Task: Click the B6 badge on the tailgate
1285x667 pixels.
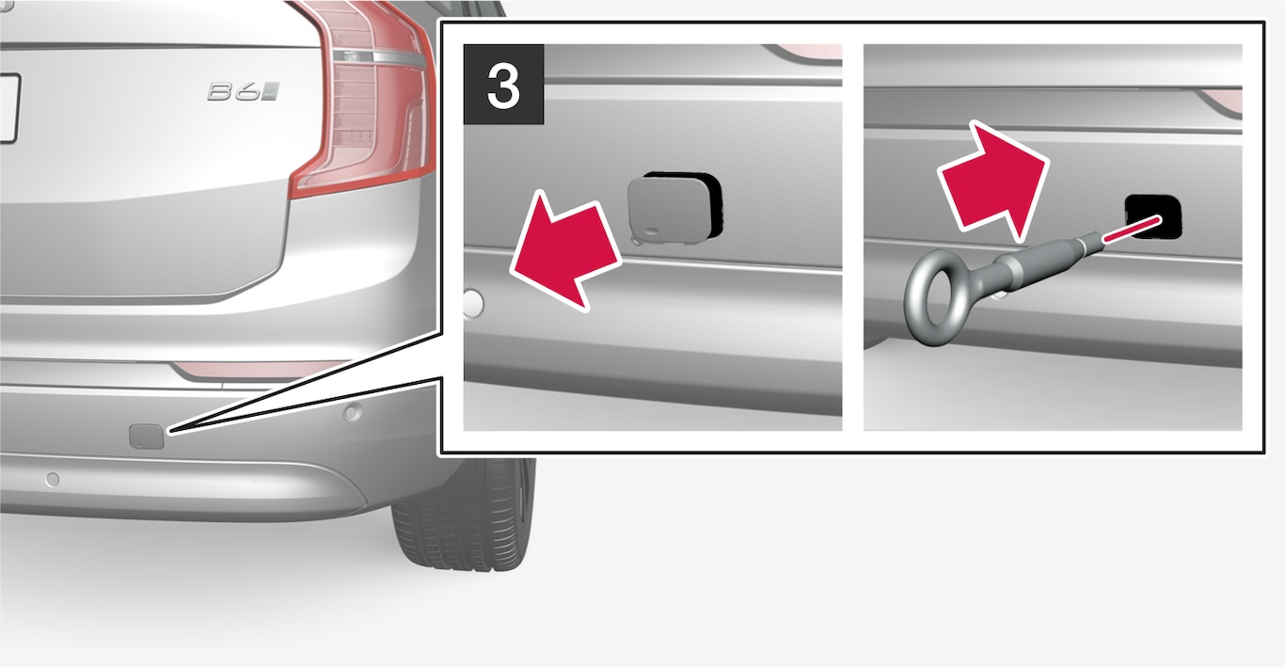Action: click(244, 92)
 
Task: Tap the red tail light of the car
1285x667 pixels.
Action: click(367, 98)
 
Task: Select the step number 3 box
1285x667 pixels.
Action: click(503, 85)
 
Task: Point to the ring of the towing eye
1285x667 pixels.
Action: click(932, 298)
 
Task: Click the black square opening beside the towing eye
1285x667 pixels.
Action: click(1153, 216)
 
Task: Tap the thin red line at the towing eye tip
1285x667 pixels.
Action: click(1132, 229)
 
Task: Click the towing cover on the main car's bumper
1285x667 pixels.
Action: click(147, 437)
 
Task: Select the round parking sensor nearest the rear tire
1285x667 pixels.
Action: click(352, 412)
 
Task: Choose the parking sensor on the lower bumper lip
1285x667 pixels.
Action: click(52, 479)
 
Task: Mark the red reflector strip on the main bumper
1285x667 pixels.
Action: click(258, 370)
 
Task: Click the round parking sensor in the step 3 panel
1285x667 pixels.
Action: click(473, 303)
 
